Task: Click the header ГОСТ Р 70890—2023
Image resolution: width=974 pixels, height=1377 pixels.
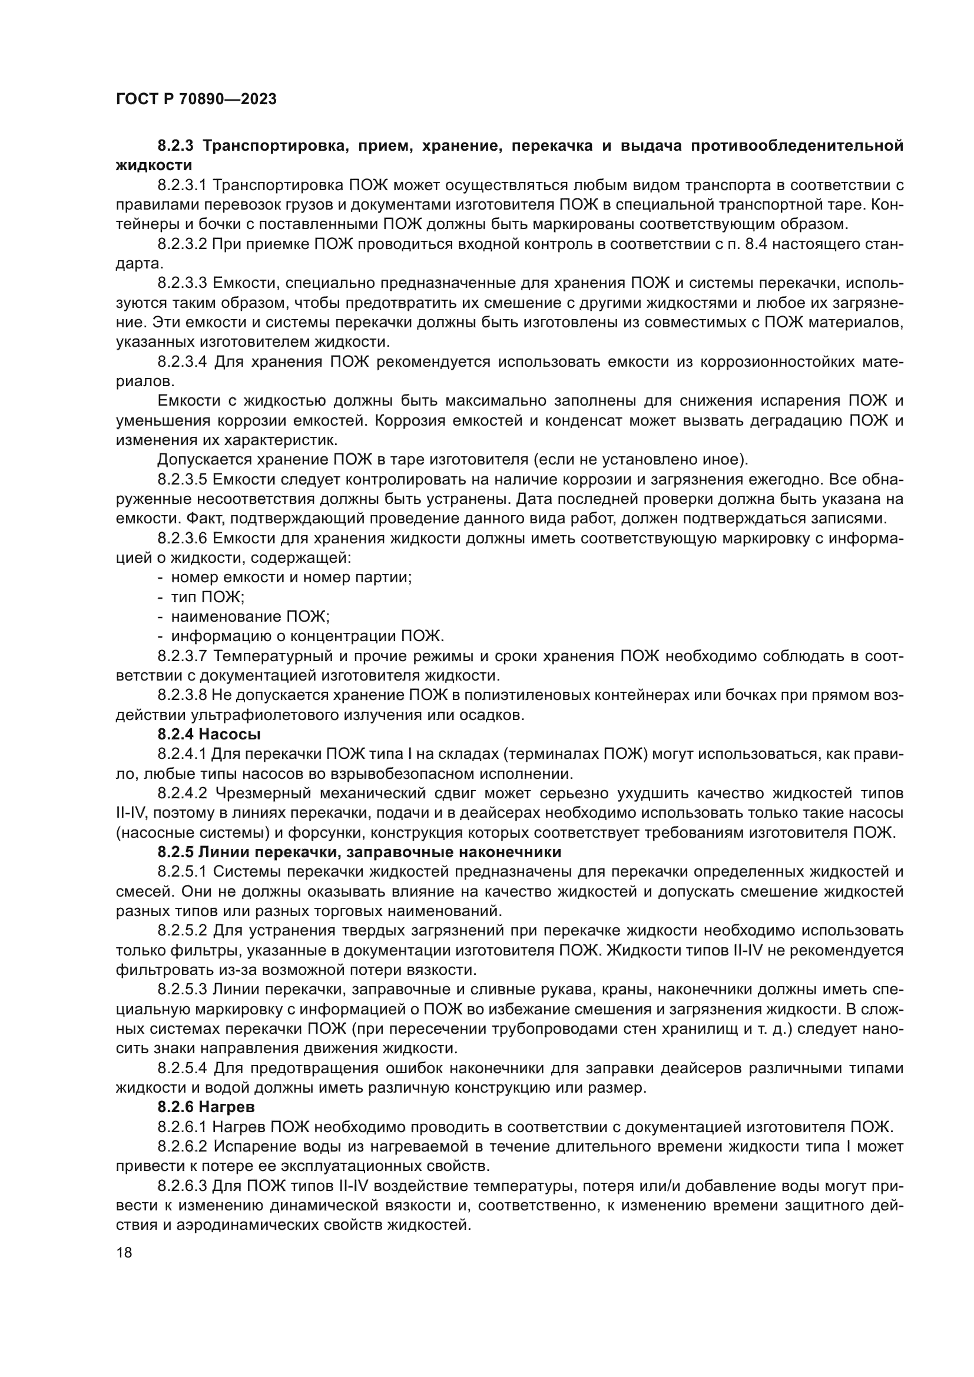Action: pos(196,99)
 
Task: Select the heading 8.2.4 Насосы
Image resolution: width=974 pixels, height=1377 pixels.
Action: pos(208,734)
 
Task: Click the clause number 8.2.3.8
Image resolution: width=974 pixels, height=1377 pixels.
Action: pos(183,695)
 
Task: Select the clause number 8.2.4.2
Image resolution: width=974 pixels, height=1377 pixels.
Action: pos(183,793)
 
